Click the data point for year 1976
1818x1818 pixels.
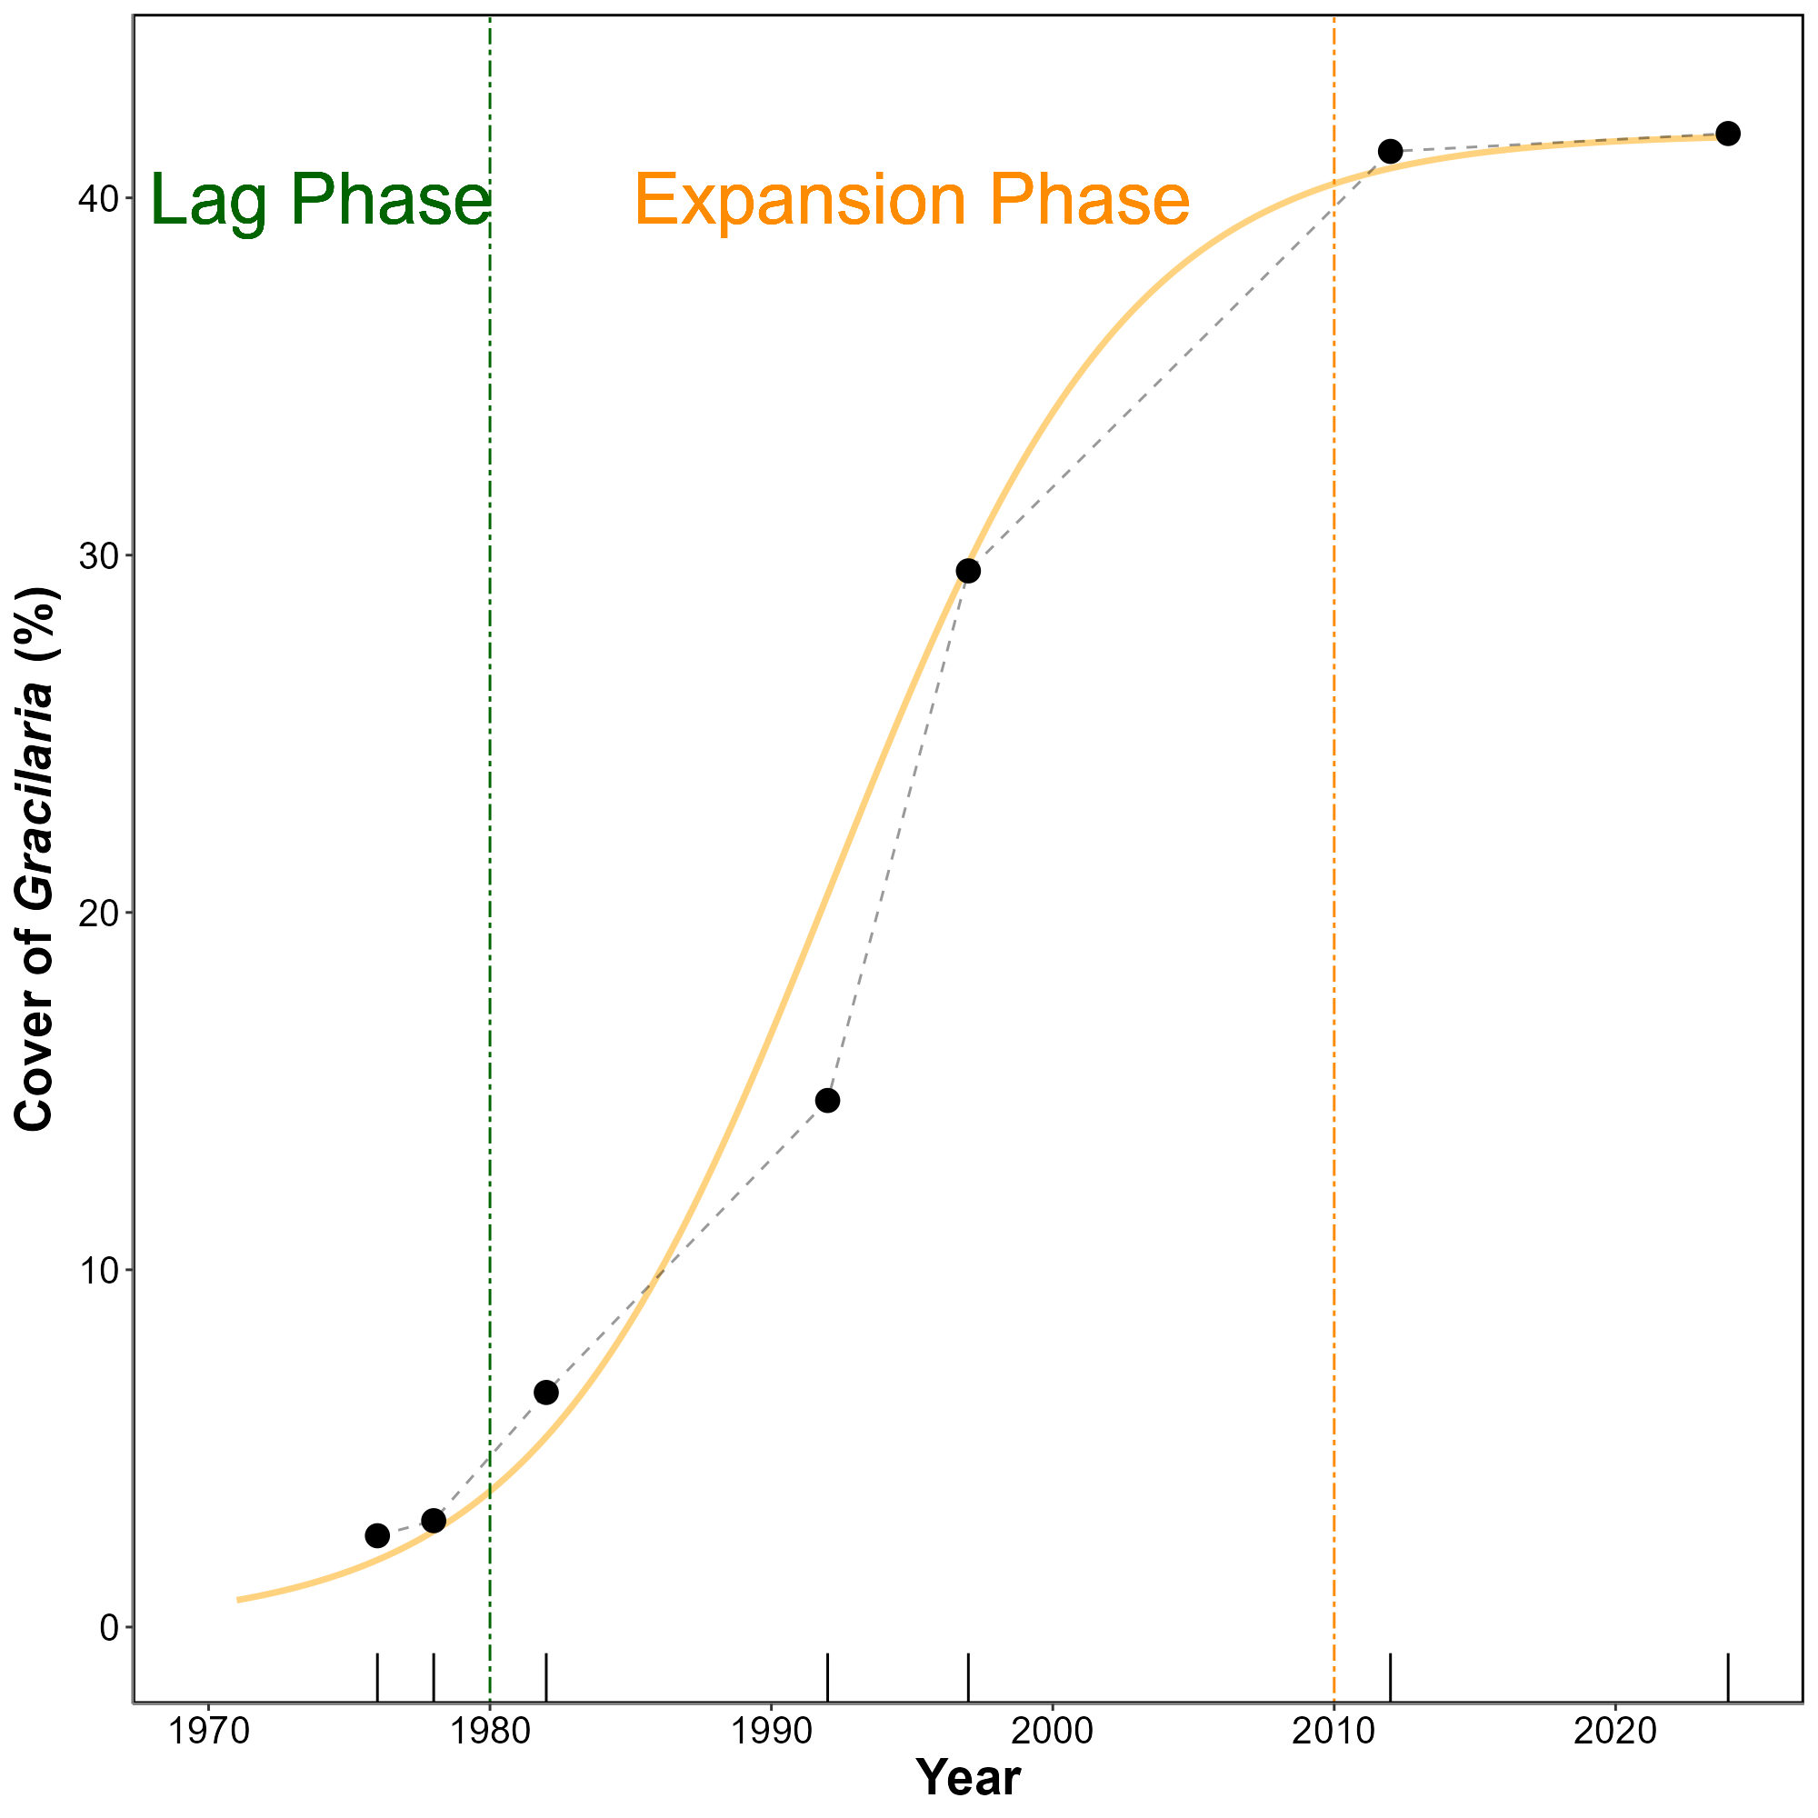click(377, 1535)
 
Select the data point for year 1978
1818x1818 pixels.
click(434, 1521)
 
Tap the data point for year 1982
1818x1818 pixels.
click(545, 1393)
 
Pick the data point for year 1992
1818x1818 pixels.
click(827, 1101)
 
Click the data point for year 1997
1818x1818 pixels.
click(968, 571)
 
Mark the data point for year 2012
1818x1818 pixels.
click(1390, 152)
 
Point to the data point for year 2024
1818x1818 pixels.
click(1728, 134)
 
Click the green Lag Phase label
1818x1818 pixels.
click(320, 200)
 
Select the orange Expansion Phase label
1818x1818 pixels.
click(912, 200)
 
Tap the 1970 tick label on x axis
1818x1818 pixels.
click(208, 1731)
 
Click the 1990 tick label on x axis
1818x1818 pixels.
click(772, 1731)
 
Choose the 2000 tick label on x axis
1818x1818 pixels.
click(1052, 1731)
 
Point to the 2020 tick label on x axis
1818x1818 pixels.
click(1614, 1731)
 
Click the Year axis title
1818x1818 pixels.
click(968, 1777)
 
